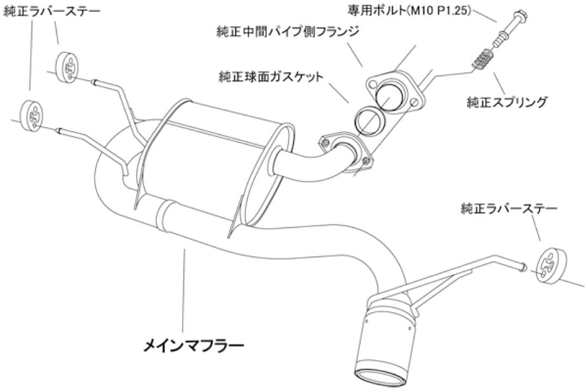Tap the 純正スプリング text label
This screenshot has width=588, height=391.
pos(507,102)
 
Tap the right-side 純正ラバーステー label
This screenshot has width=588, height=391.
pos(509,208)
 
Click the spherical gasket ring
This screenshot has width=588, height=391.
pos(369,120)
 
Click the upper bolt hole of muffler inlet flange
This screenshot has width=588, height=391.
pos(326,142)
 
